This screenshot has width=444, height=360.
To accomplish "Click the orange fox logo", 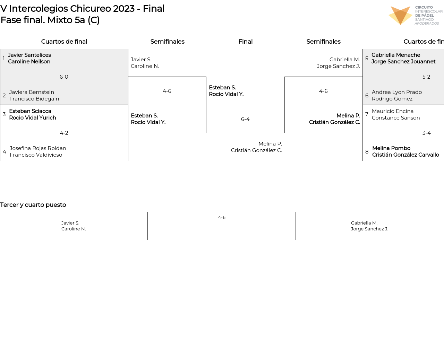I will pos(400,15).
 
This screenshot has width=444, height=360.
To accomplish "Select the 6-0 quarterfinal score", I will pos(64,77).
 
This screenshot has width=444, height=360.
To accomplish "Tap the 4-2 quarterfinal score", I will pos(64,133).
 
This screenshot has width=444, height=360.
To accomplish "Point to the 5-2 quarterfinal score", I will pos(426,77).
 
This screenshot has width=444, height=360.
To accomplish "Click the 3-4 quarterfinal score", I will pos(426,133).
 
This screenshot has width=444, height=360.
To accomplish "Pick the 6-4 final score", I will pos(245,119).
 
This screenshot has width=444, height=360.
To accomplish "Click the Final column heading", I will pos(245,42).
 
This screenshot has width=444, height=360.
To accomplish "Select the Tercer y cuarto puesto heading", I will pos(33,205).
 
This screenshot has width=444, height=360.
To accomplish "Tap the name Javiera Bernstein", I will pos(32,92).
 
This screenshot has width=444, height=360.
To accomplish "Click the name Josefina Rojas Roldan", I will pos(38,148).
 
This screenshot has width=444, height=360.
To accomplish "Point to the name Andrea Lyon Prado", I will pos(397,92).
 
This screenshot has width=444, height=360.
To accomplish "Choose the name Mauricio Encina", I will pos(393,111).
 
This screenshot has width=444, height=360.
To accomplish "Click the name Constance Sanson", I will pos(396,118).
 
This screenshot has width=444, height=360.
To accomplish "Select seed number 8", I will pos(367,152).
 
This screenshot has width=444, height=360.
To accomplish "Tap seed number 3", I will pos(4,114).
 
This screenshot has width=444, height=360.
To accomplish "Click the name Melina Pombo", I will pos(391,148).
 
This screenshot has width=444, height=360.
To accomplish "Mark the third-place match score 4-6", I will pos(222,218).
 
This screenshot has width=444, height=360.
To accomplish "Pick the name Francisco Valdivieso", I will pos(36,155).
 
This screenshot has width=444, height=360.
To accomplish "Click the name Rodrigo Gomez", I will pos(392,99).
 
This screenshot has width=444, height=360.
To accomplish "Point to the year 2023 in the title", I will pos(124,9).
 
